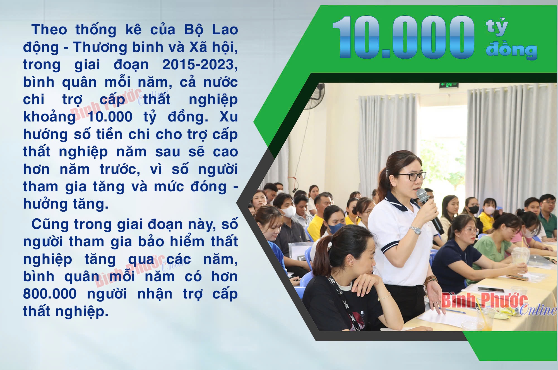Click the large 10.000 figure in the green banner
tap(403, 37)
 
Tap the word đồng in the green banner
tap(511, 50)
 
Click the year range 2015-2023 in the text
tap(200, 65)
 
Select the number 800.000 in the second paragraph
tap(50, 294)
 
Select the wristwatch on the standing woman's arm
tap(415, 230)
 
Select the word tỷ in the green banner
tap(497, 27)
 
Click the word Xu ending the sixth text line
tap(228, 117)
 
